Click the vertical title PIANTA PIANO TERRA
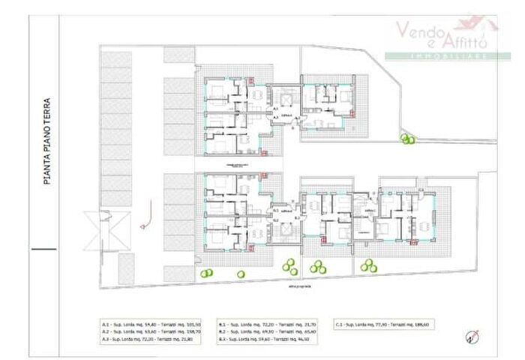[x=46, y=141]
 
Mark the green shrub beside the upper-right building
[x=408, y=139]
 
